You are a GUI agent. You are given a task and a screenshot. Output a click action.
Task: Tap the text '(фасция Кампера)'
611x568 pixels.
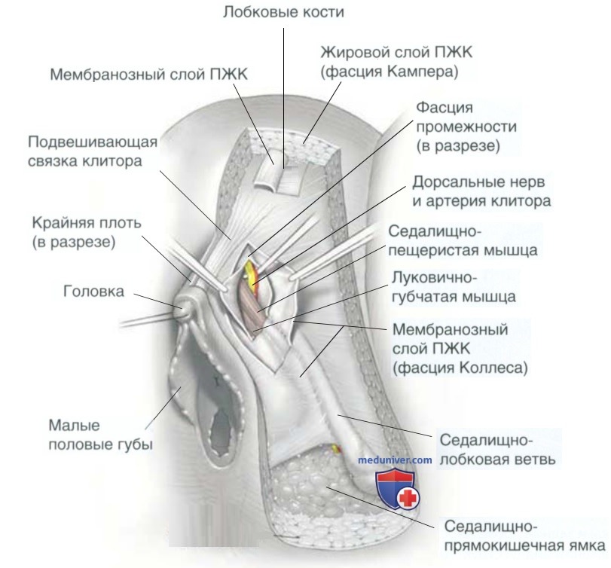[390, 72]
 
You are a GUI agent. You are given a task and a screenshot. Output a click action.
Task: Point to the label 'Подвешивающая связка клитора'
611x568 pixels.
[92, 151]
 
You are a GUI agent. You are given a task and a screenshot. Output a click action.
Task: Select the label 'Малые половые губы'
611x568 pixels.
[99, 435]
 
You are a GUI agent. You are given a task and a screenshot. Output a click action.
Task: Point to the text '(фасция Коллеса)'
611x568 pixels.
[459, 368]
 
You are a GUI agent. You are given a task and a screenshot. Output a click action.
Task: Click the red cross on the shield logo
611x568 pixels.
[408, 497]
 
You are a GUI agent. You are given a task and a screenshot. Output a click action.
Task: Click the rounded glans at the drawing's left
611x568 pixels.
[185, 307]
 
